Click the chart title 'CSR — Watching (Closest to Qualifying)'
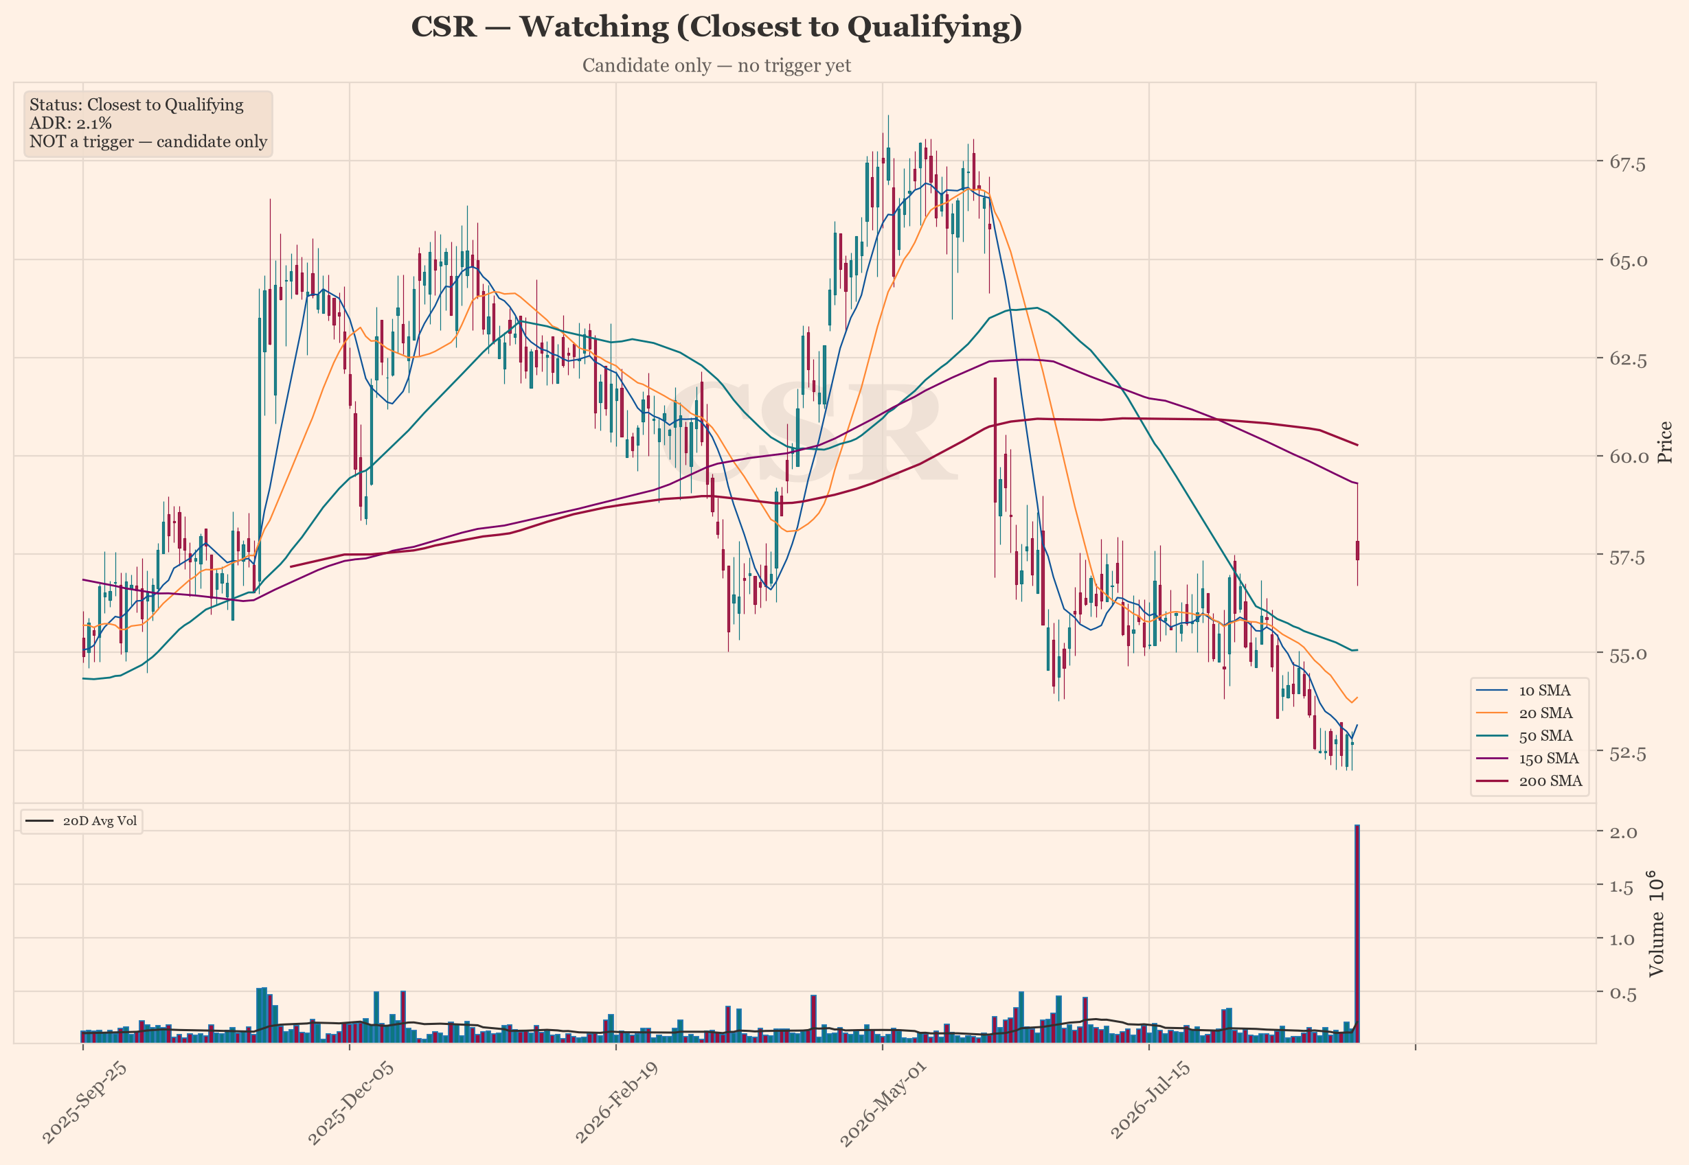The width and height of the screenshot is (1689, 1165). [x=716, y=27]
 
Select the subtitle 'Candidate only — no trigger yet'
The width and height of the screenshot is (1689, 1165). [x=716, y=66]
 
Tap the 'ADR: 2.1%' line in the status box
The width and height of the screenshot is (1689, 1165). [x=71, y=123]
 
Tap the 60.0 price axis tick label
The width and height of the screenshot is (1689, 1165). [x=1628, y=457]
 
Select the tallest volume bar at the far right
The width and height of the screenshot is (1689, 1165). [x=1357, y=934]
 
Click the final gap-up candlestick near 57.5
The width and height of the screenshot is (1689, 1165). [x=1357, y=551]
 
